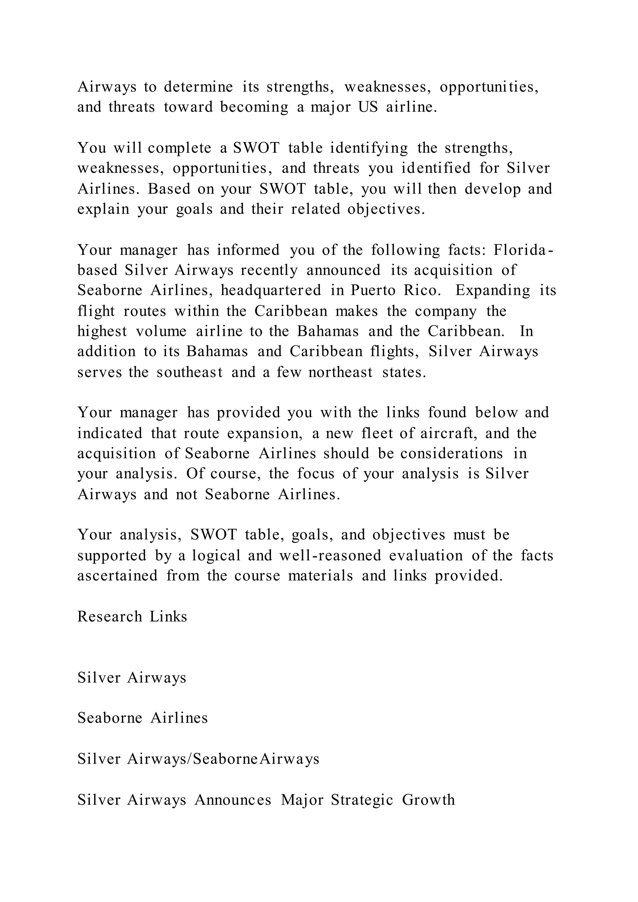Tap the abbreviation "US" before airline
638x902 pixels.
(368, 107)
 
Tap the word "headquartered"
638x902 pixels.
(271, 290)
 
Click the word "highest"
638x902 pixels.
(102, 331)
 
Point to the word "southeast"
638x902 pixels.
(190, 372)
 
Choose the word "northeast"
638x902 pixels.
(340, 372)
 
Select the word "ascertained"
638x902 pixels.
(117, 576)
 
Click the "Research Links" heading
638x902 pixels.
(132, 617)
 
